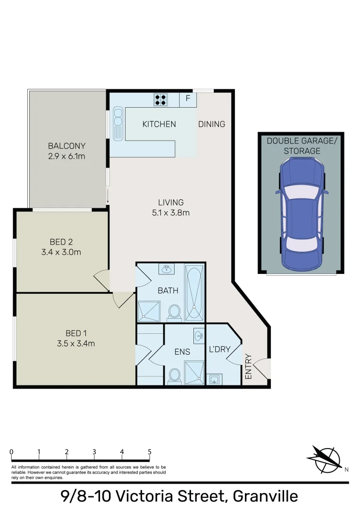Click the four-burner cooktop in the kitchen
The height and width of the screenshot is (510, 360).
pyautogui.click(x=160, y=100)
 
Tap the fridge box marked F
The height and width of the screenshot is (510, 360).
pyautogui.click(x=188, y=99)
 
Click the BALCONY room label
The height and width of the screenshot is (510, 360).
pyautogui.click(x=67, y=146)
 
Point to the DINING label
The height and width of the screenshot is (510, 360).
pyautogui.click(x=211, y=124)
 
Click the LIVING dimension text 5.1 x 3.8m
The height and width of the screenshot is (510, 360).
pyautogui.click(x=170, y=213)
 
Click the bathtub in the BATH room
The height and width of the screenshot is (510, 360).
pyautogui.click(x=194, y=293)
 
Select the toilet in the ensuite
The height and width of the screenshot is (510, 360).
pyautogui.click(x=174, y=376)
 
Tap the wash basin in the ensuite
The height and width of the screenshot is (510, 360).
pyautogui.click(x=199, y=336)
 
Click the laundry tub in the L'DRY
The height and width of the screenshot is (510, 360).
pyautogui.click(x=215, y=379)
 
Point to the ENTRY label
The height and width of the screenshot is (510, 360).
pyautogui.click(x=249, y=366)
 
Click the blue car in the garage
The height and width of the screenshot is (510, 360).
pyautogui.click(x=301, y=211)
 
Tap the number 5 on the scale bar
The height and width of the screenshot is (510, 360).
pyautogui.click(x=150, y=452)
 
